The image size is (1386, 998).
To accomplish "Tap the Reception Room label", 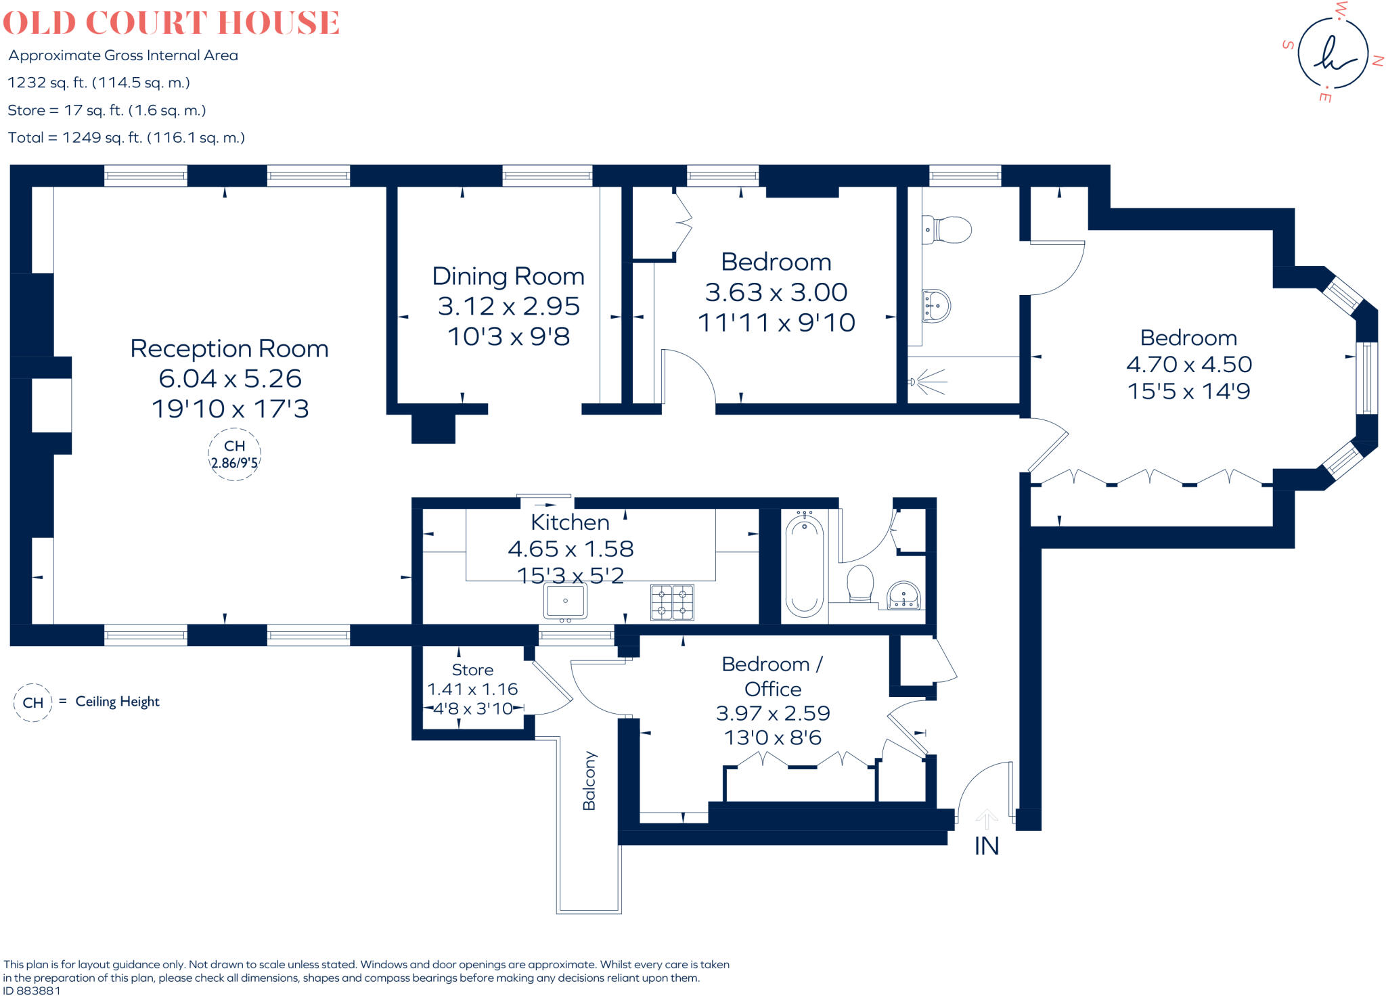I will (x=229, y=348).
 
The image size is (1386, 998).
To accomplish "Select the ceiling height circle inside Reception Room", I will (x=234, y=455).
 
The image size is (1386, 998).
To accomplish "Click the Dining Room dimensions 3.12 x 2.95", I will (x=508, y=307).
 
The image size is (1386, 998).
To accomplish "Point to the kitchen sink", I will (x=565, y=601).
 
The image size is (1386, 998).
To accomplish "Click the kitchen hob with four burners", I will (x=672, y=602).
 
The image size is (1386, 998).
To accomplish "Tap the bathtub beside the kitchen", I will (x=804, y=565).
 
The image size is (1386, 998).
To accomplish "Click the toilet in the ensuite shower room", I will (x=947, y=230).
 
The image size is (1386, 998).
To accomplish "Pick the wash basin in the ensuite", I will (x=936, y=305).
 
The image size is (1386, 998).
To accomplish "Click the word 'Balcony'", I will (x=589, y=780).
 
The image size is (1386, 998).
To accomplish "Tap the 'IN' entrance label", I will (x=986, y=846).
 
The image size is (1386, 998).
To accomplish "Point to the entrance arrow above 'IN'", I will (x=987, y=819).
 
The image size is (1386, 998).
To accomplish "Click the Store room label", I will (x=472, y=670).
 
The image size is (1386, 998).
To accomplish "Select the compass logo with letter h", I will (x=1333, y=53).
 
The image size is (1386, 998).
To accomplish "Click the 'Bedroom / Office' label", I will (x=772, y=676).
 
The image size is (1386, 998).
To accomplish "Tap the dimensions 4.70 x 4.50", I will (x=1188, y=365).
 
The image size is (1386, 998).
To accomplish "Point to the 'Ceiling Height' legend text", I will (x=117, y=702).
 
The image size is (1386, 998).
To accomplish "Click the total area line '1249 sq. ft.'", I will (x=127, y=138).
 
